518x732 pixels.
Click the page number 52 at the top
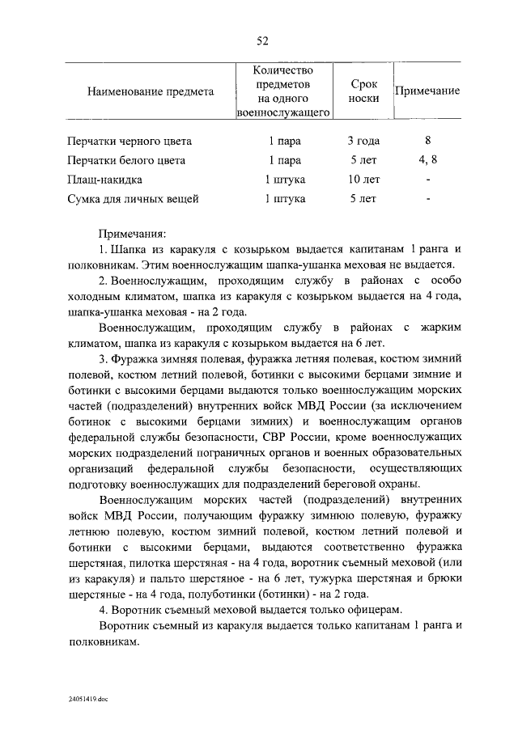(261, 42)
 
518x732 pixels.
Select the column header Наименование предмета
(151, 91)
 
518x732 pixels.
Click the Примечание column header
(427, 91)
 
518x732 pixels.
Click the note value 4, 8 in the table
(427, 160)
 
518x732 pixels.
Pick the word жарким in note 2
(443, 328)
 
